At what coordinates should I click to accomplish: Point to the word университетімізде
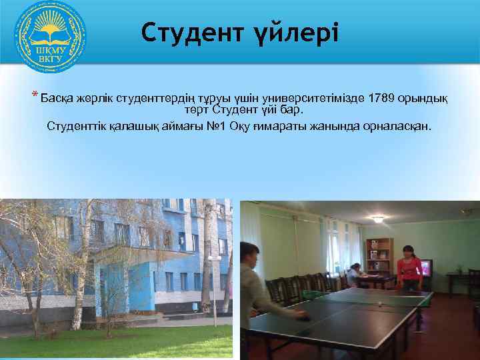pyautogui.click(x=311, y=98)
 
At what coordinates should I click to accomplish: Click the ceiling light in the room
pyautogui.click(x=377, y=218)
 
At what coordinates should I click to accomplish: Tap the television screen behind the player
pyautogui.click(x=424, y=268)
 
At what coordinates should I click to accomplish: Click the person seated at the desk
pyautogui.click(x=354, y=272)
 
